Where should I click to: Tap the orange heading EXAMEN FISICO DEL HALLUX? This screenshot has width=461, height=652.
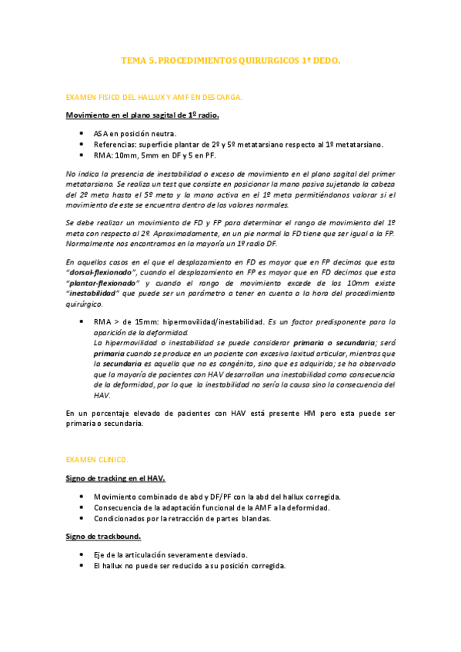coord(154,98)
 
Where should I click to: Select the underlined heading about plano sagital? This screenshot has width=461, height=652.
coord(142,115)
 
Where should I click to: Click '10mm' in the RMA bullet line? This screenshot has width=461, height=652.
coord(125,155)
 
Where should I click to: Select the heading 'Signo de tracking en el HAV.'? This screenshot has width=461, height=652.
coord(115,478)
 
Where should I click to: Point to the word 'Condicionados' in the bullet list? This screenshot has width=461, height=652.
coord(120,518)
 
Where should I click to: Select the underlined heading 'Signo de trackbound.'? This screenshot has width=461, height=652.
coord(104,536)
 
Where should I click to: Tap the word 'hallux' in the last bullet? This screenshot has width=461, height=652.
coord(115,565)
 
